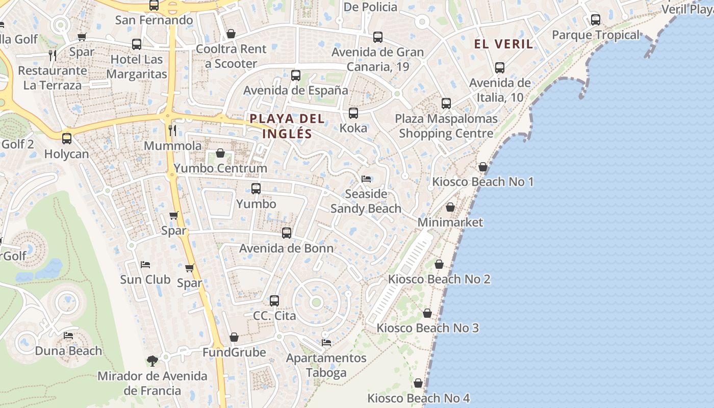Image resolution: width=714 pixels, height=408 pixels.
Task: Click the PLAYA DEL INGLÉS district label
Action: [x=287, y=126]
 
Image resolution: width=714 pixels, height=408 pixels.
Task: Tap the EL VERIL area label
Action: [x=503, y=44]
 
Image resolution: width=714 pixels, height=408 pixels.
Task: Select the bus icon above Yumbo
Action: [x=256, y=189]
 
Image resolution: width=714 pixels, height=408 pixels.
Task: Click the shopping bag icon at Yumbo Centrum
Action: [x=220, y=153]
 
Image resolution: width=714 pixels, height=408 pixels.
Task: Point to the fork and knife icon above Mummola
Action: [x=172, y=131]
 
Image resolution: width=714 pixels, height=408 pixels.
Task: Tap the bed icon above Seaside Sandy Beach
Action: [x=366, y=179]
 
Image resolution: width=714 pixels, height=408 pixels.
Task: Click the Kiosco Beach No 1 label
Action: [x=482, y=182]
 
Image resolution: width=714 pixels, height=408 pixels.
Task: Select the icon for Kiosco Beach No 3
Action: [x=427, y=313]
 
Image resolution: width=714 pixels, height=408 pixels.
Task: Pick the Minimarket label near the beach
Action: [x=450, y=222]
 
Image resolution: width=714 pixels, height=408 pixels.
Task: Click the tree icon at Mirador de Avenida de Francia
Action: [x=152, y=361]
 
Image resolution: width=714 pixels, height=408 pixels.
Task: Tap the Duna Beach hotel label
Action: [x=68, y=351]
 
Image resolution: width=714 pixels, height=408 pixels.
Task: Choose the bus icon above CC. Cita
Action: [x=274, y=301]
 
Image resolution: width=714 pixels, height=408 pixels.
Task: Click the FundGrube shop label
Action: [x=234, y=352]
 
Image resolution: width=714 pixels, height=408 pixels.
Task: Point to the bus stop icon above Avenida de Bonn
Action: [x=287, y=233]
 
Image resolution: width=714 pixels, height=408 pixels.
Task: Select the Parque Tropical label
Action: [x=595, y=35]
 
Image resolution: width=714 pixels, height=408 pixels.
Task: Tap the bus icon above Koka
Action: [x=353, y=113]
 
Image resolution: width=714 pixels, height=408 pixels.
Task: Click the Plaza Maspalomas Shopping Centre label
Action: [x=446, y=126]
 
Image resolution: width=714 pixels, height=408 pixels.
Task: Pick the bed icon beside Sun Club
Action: [x=145, y=265]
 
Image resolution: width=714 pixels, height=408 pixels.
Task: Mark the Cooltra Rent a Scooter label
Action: [x=231, y=56]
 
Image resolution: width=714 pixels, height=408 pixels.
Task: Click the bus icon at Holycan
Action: [x=67, y=139]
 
